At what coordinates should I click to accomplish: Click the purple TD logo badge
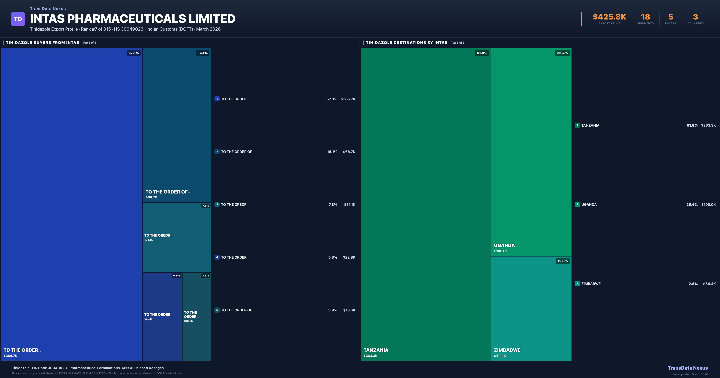(x=18, y=19)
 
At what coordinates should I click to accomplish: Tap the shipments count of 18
(x=645, y=17)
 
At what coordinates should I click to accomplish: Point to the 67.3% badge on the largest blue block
(x=133, y=53)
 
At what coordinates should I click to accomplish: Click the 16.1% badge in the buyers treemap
(x=203, y=53)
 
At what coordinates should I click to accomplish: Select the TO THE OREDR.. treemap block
(x=177, y=237)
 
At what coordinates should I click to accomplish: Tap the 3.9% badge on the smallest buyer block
(x=205, y=276)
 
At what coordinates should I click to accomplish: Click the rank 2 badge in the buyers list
(x=217, y=151)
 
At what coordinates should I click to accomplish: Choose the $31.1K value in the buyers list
(x=349, y=205)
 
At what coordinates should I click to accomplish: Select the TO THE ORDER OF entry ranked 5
(x=236, y=310)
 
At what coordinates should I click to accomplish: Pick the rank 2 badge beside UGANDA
(x=577, y=204)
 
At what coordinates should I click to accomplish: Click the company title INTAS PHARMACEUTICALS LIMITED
(x=132, y=19)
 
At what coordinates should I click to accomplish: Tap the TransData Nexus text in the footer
(x=688, y=368)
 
